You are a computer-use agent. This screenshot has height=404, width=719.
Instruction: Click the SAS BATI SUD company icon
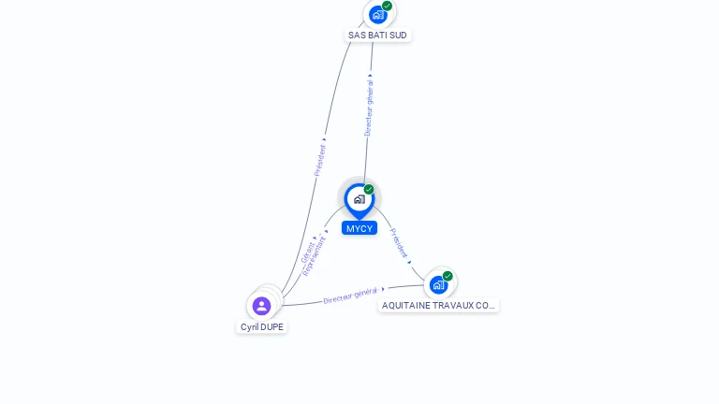click(377, 14)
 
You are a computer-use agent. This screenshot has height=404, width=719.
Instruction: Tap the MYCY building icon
click(359, 199)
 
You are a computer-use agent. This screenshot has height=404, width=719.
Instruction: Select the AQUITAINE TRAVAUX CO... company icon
click(438, 284)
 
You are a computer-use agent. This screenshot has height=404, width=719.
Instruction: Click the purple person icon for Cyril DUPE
click(262, 305)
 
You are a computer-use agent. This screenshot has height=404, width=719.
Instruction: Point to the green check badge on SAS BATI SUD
click(387, 6)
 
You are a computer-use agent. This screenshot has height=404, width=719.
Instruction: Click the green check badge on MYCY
click(369, 190)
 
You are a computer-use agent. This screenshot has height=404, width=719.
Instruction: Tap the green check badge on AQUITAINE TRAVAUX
click(448, 276)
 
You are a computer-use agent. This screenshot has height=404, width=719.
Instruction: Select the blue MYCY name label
click(359, 228)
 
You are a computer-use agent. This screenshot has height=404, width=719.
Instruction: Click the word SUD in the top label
click(398, 36)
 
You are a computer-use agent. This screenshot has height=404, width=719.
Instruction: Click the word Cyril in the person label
click(249, 327)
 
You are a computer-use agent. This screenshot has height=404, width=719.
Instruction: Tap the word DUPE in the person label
click(271, 327)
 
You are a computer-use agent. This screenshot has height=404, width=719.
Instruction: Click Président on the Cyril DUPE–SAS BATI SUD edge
click(320, 159)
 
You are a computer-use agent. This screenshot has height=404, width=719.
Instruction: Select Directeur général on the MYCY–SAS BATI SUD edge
click(369, 107)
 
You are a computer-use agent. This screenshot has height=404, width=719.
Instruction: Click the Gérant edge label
click(308, 250)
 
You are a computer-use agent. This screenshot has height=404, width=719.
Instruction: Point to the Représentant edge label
click(315, 255)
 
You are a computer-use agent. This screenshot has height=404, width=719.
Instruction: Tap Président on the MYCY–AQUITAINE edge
click(399, 243)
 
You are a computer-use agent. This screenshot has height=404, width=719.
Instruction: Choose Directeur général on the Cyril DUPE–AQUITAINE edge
click(350, 296)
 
